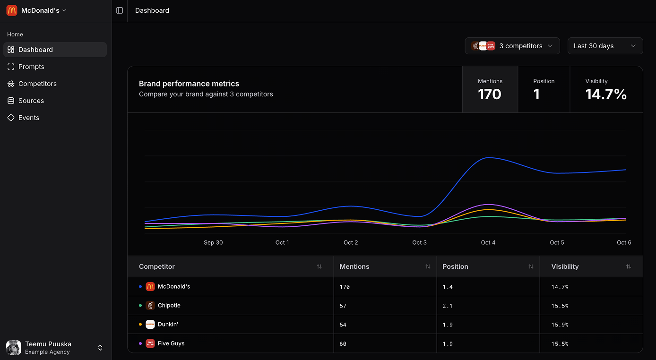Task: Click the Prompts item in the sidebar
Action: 31,67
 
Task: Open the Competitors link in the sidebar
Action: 37,84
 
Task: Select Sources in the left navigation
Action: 31,101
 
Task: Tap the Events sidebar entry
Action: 29,118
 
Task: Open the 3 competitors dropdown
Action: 512,46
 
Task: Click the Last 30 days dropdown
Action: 605,46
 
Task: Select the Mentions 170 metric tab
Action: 490,89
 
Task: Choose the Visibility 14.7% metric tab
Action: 606,89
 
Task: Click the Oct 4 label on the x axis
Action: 488,242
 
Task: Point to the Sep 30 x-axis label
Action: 213,242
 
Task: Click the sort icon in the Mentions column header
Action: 428,266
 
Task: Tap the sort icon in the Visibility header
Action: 628,266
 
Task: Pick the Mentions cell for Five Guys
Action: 343,344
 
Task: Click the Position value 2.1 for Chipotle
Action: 448,306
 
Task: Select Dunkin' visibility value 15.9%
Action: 560,325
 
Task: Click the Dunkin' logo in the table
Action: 150,325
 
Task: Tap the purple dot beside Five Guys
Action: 140,343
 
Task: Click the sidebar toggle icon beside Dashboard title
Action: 120,10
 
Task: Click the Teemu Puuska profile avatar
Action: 14,348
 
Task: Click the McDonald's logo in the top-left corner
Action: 12,10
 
